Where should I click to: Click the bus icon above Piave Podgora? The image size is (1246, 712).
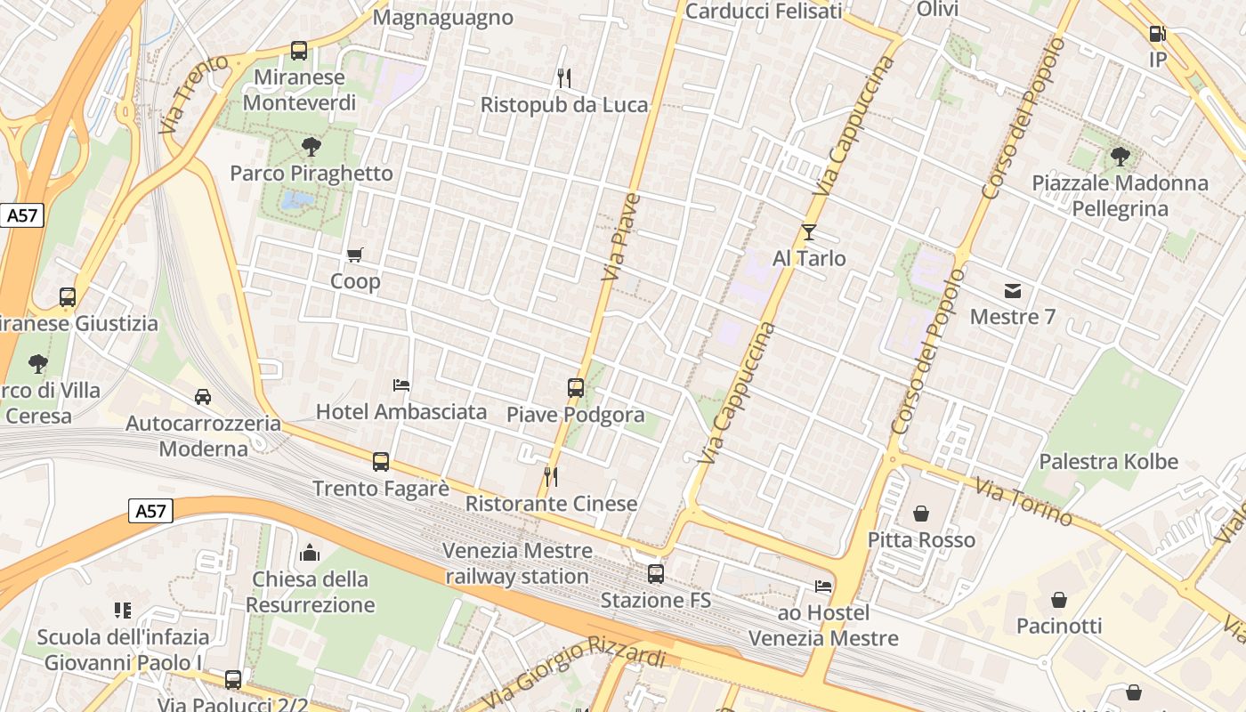coord(576,388)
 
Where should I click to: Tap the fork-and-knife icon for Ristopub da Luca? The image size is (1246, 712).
coord(563,78)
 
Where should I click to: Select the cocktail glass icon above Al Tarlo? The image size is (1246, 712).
coord(808,232)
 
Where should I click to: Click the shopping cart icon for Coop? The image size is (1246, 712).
coord(355,255)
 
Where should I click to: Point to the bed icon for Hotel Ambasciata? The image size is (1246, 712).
coord(401,385)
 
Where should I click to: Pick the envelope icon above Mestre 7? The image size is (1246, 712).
coord(1013,291)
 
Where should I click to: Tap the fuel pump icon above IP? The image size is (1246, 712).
coord(1157,34)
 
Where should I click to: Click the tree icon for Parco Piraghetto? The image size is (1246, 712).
coord(311,147)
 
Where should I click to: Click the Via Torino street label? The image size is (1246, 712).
coord(1023,502)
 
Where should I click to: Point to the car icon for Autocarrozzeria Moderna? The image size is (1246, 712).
coord(203,397)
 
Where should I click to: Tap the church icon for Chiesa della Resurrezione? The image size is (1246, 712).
coord(310,553)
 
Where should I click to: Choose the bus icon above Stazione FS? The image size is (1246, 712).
coord(656,574)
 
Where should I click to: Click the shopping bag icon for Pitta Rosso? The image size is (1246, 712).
coord(921,514)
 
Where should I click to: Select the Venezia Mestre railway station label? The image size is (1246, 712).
coord(517,563)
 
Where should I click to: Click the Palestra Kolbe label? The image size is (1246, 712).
coord(1108,462)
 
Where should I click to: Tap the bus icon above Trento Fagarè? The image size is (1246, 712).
coord(381,462)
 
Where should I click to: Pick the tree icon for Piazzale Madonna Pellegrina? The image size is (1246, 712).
coord(1120,158)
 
